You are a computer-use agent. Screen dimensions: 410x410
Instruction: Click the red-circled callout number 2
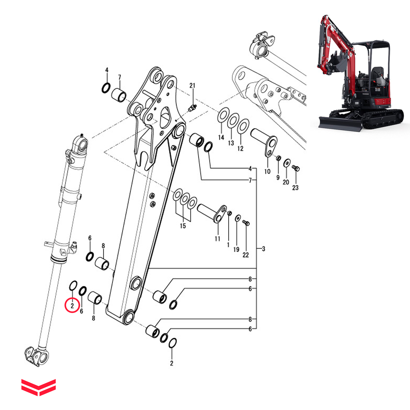tap(72, 306)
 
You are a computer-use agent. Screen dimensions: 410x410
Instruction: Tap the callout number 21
tap(192, 86)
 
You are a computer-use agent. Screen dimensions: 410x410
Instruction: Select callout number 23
tap(295, 188)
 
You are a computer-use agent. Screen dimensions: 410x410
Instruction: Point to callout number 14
tap(221, 137)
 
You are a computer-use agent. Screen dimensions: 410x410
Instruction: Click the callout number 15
tap(183, 226)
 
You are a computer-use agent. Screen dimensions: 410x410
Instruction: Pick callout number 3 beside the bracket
tap(263, 249)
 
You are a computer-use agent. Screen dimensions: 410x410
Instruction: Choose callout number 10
tap(267, 171)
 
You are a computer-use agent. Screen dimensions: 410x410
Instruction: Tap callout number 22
tap(246, 255)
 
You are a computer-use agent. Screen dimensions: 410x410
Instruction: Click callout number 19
tap(236, 249)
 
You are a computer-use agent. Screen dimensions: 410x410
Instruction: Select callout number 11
tap(218, 239)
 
